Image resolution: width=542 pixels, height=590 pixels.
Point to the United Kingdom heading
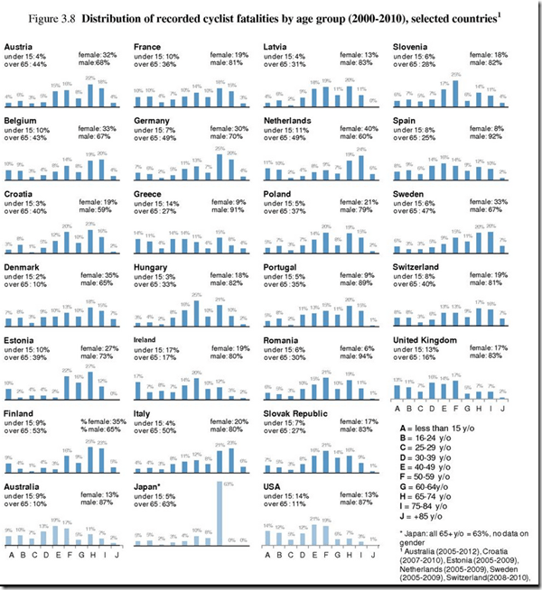[425, 340]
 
